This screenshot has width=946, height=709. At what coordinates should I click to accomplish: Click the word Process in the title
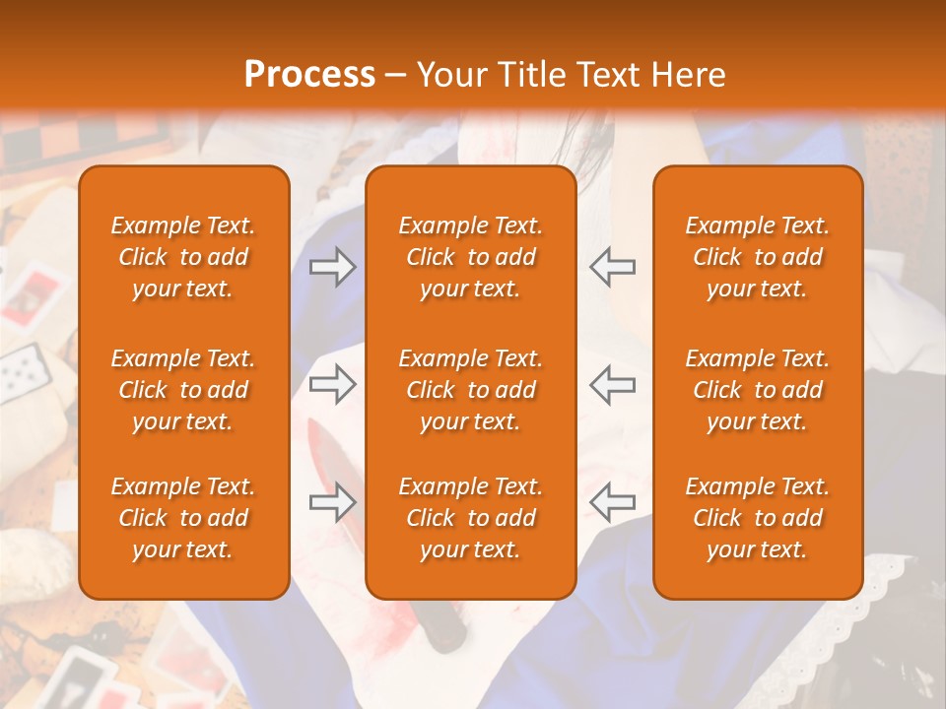click(x=309, y=75)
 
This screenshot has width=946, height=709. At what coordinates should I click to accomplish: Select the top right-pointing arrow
click(x=332, y=267)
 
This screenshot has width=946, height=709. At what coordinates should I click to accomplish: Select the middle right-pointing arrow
click(x=332, y=384)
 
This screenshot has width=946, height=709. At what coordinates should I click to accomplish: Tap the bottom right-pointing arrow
click(x=332, y=502)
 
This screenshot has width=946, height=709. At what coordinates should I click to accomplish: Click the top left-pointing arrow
click(x=612, y=267)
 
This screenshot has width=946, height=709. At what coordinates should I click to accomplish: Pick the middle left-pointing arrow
click(x=612, y=384)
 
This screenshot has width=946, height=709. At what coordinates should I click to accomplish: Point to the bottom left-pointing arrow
click(x=612, y=502)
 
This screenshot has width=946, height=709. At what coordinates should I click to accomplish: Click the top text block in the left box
click(x=183, y=257)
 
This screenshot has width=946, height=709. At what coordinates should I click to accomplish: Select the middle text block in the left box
click(x=183, y=390)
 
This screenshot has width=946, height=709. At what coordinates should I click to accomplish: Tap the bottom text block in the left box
click(x=183, y=518)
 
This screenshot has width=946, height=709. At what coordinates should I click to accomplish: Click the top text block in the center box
click(x=470, y=257)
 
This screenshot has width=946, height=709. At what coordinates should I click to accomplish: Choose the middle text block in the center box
click(x=470, y=390)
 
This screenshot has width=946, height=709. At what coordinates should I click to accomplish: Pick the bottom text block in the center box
click(x=470, y=518)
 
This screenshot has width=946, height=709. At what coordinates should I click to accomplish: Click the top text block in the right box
click(x=757, y=257)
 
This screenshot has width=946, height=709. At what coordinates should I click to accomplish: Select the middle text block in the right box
click(x=757, y=390)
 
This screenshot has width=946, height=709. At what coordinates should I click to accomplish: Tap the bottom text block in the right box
click(x=757, y=518)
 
